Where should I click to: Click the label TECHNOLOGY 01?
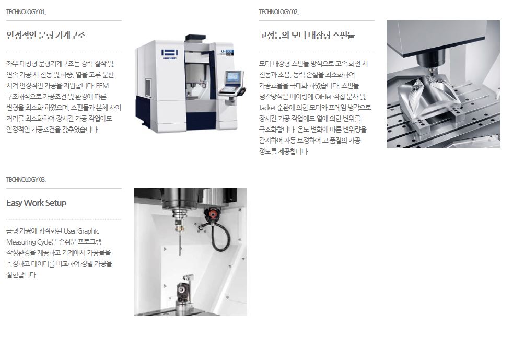pos(26,12)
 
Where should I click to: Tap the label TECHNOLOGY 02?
pos(279,12)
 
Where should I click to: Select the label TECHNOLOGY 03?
pos(26,180)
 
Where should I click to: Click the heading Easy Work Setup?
pos(37,203)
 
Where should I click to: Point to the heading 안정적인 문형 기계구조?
pos(46,35)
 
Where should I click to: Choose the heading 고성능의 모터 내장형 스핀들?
pos(307,35)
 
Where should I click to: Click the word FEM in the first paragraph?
pos(102,86)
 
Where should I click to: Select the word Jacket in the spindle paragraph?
pos(267,108)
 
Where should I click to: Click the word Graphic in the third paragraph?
pos(88,231)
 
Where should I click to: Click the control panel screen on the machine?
pos(234,77)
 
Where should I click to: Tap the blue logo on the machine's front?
pos(169,53)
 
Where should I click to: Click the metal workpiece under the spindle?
pos(426,98)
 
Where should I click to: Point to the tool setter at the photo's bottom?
pos(184,293)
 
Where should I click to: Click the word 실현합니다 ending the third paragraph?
pos(21,275)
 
